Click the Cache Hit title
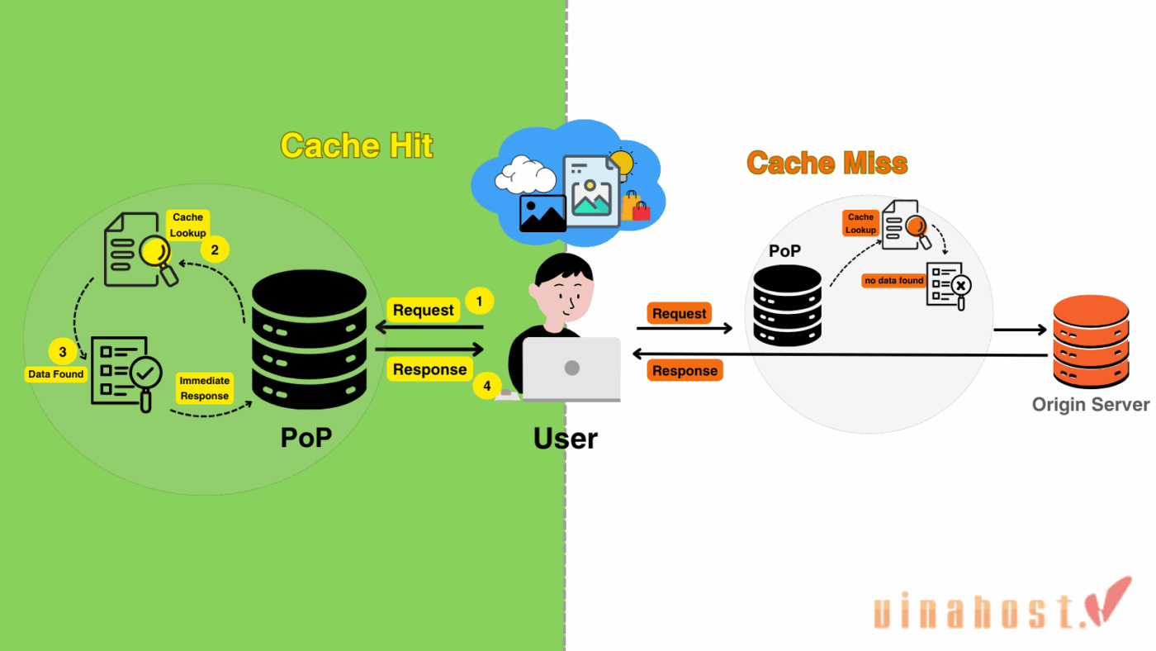pos(357,145)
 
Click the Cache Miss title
pos(827,163)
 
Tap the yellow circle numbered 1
pos(480,301)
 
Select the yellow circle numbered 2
pos(215,249)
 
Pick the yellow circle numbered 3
pos(61,352)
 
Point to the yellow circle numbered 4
pos(487,385)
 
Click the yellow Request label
pos(423,311)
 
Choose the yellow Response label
pos(429,369)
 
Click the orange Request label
pos(679,313)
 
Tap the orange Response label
pos(685,371)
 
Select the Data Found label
pos(56,374)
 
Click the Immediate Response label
pos(205,388)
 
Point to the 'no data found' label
pos(893,281)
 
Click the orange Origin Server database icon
pos(1090,342)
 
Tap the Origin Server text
pos(1090,405)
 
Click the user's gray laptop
pos(571,369)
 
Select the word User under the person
pos(566,439)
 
